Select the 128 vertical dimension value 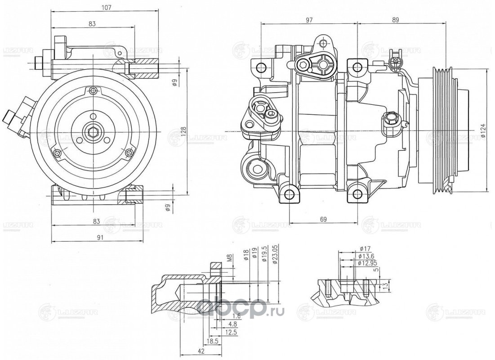[184, 130]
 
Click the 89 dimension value [396, 20]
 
